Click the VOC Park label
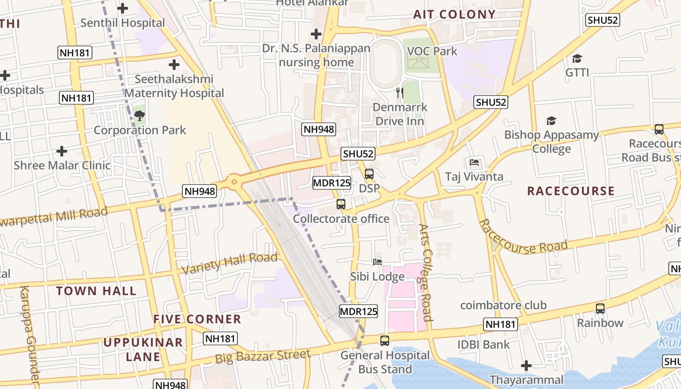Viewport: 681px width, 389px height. [432, 51]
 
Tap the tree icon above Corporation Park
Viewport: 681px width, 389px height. [140, 116]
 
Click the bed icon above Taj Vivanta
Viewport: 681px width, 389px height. [474, 162]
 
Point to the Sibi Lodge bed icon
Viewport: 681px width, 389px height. [377, 262]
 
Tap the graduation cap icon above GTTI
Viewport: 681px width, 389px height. [577, 58]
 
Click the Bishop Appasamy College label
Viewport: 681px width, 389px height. [551, 141]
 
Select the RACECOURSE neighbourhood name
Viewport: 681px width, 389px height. [571, 191]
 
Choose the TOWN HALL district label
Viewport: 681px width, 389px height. [96, 291]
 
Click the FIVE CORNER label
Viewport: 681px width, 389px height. [197, 319]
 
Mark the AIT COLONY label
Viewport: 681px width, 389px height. [454, 14]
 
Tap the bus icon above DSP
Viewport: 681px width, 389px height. [369, 174]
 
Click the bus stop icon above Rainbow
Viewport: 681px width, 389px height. [600, 308]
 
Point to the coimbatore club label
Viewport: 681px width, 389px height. [503, 305]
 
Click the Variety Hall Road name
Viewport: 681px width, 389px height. [230, 263]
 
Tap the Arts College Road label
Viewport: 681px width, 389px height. [425, 272]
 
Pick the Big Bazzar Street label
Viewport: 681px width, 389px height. [263, 356]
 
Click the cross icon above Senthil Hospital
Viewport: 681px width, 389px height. [123, 8]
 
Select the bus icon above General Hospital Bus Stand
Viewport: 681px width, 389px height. [385, 340]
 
